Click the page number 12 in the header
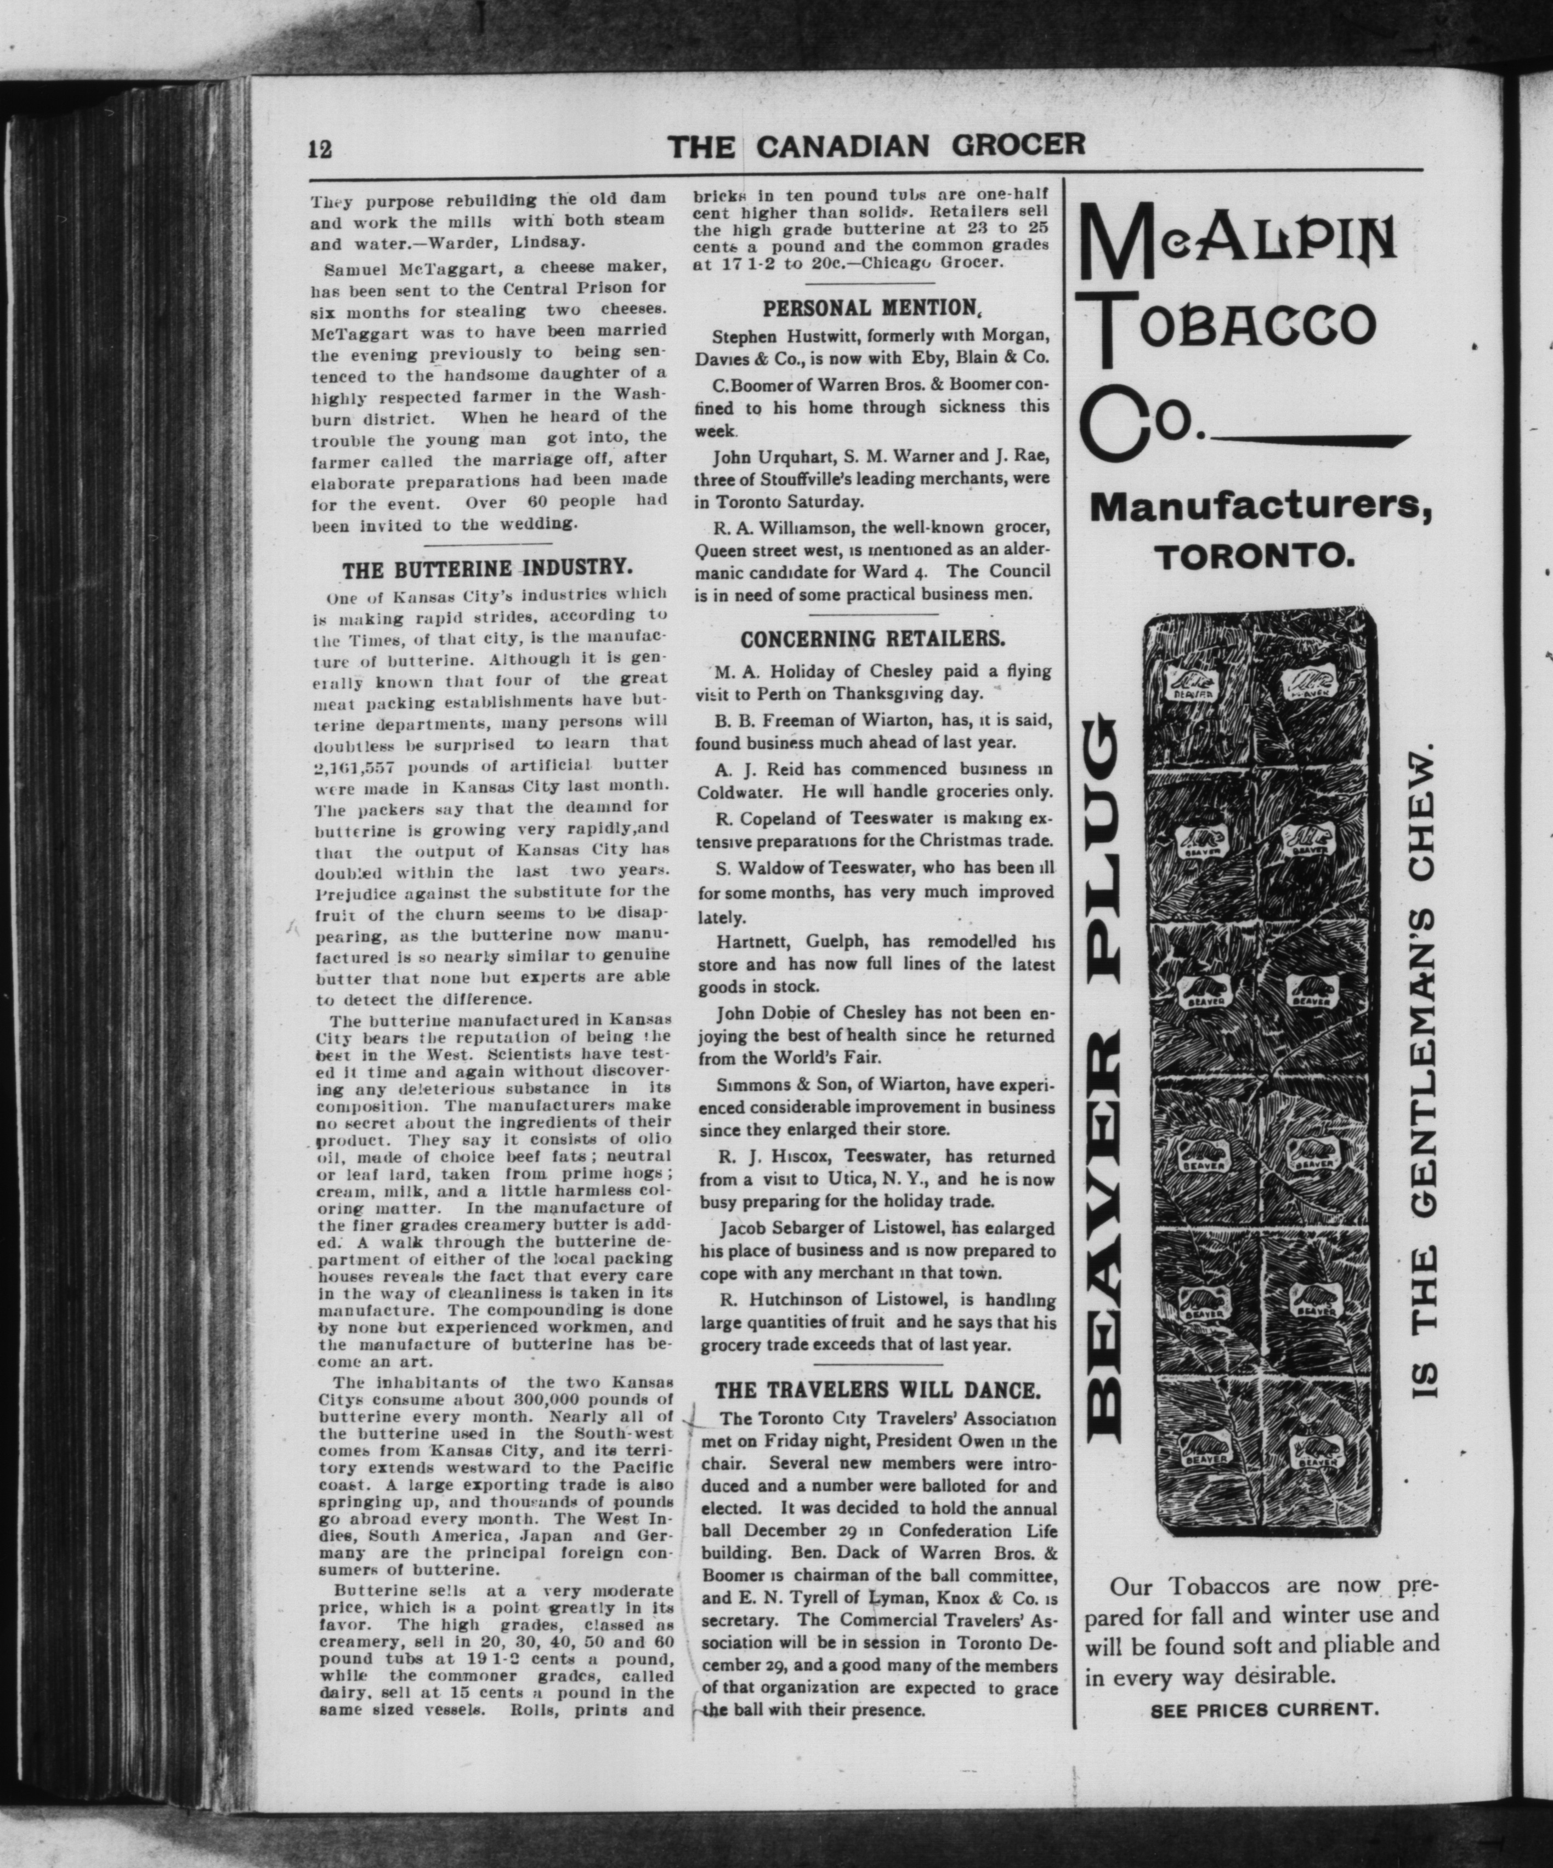320,150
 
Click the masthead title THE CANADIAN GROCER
877,145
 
